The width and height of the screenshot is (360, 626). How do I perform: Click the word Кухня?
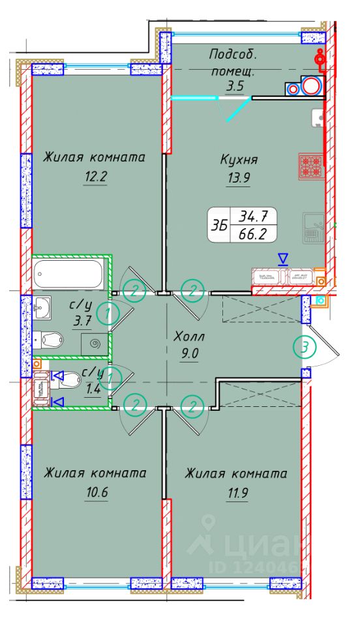[x=239, y=158]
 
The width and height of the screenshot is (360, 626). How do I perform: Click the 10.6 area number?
[x=95, y=492]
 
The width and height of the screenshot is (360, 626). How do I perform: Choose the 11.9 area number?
[x=237, y=492]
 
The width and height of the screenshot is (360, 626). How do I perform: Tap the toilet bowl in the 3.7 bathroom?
[x=49, y=339]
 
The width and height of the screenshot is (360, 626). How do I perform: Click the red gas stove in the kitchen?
[x=310, y=165]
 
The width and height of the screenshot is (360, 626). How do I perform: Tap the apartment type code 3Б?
[x=220, y=224]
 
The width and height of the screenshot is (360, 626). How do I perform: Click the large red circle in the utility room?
[x=311, y=86]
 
